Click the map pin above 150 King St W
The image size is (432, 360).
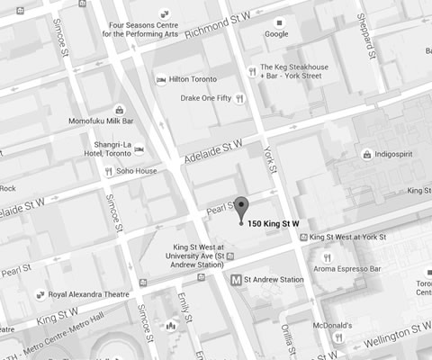(x=240, y=207)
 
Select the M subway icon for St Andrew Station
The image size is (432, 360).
(x=236, y=280)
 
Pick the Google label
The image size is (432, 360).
(x=275, y=34)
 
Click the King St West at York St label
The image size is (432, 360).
(x=346, y=238)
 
